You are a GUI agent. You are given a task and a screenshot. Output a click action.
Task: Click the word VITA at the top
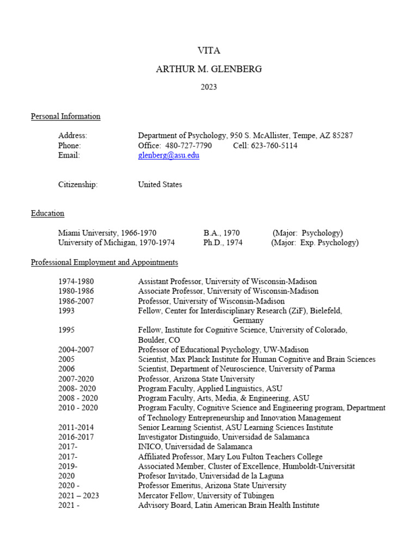point(209,51)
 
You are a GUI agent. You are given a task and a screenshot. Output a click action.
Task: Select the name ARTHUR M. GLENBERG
point(209,69)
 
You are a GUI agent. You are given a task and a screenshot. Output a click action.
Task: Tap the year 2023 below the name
point(209,87)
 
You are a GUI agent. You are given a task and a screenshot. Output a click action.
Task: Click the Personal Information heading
point(65,116)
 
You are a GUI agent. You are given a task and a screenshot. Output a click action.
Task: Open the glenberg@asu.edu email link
point(169,155)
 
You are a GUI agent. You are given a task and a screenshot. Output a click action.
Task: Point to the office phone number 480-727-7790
point(187,145)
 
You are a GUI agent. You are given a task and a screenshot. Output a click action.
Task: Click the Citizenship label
point(78,185)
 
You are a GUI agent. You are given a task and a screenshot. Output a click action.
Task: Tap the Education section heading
point(47,213)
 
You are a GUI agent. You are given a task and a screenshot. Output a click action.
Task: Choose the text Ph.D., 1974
point(223,242)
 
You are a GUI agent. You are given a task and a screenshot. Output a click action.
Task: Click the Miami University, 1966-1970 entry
point(107,233)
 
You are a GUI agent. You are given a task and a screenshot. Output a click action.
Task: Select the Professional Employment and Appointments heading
point(104,262)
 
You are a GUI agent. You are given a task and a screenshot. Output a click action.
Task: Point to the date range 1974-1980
point(76,282)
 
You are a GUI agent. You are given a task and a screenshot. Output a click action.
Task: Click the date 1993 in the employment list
point(66,311)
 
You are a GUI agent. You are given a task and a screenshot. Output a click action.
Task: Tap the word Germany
point(248,320)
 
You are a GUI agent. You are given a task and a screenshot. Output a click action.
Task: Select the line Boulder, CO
point(159,340)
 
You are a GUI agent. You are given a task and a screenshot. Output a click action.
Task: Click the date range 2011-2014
point(76,427)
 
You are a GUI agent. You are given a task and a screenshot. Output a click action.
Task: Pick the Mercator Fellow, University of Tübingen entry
point(206,495)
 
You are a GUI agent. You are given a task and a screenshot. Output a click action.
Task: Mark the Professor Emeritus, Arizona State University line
point(212,486)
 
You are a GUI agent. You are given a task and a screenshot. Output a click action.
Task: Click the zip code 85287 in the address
point(342,136)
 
